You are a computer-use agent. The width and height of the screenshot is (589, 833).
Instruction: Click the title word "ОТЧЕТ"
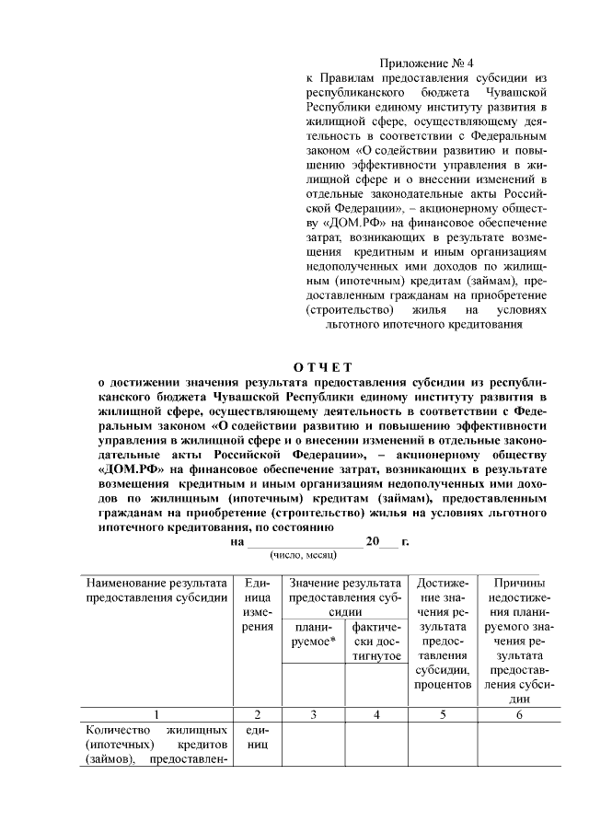click(x=325, y=368)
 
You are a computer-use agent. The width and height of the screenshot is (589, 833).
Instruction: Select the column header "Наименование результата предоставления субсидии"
click(x=156, y=590)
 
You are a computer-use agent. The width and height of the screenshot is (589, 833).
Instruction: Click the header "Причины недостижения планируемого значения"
click(x=519, y=641)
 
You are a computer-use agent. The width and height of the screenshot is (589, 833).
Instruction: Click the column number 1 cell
click(x=156, y=714)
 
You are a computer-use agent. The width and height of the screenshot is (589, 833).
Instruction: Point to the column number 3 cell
click(x=312, y=714)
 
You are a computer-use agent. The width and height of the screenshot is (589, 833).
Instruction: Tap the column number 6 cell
click(x=519, y=714)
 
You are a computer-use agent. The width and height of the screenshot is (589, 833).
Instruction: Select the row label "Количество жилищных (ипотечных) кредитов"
click(x=156, y=745)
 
